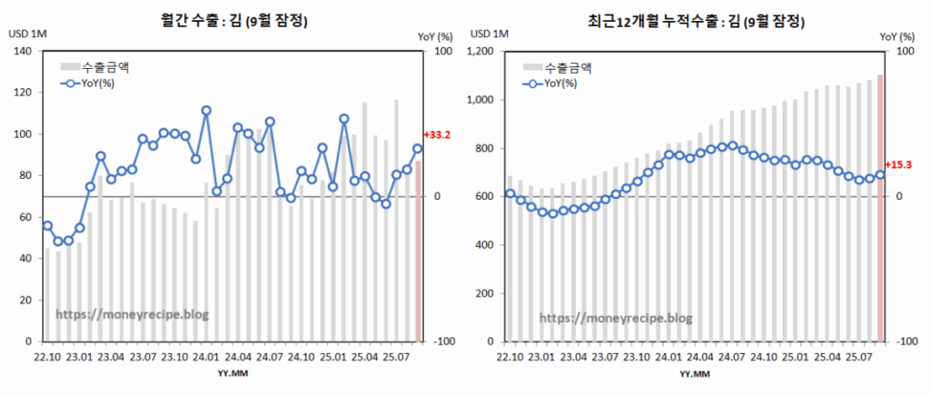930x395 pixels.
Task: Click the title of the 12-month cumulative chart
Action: [697, 19]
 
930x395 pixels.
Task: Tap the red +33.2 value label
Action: [438, 135]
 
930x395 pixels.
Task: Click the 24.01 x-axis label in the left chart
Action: [206, 358]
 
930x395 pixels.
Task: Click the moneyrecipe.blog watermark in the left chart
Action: [132, 313]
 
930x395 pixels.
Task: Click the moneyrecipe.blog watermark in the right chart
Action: [616, 318]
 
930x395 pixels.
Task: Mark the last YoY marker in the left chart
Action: [418, 149]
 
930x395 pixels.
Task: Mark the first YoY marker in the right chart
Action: [510, 193]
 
